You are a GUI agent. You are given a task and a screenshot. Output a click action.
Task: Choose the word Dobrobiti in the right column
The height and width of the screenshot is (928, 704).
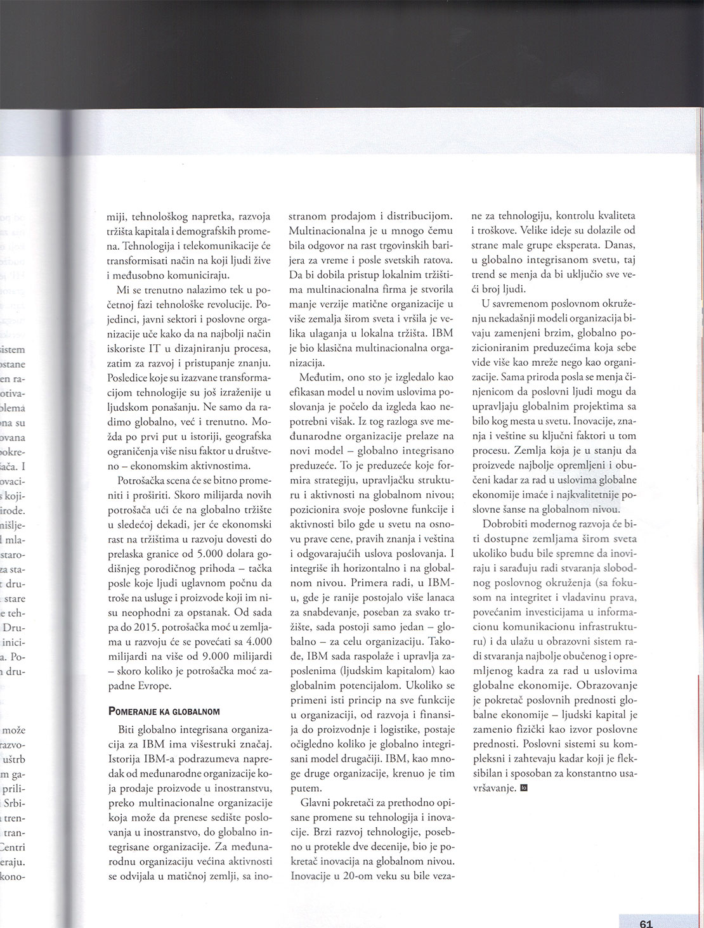click(x=506, y=524)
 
